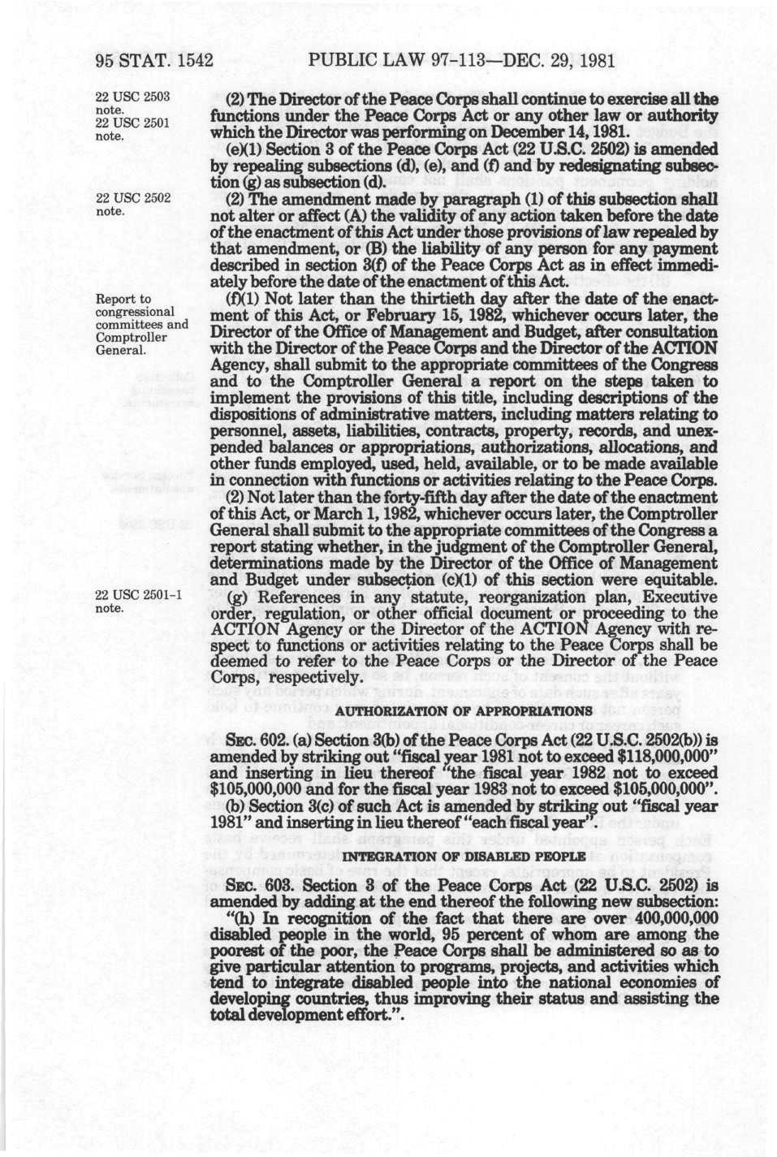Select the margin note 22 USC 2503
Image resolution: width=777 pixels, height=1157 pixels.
pyautogui.click(x=132, y=97)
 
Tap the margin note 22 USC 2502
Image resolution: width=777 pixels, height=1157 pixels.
pyautogui.click(x=132, y=198)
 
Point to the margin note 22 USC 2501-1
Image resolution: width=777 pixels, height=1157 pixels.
pyautogui.click(x=138, y=595)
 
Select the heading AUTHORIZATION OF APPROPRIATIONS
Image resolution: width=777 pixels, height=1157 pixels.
pyautogui.click(x=464, y=711)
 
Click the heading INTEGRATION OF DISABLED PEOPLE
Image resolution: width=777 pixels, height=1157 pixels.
pyautogui.click(x=464, y=857)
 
